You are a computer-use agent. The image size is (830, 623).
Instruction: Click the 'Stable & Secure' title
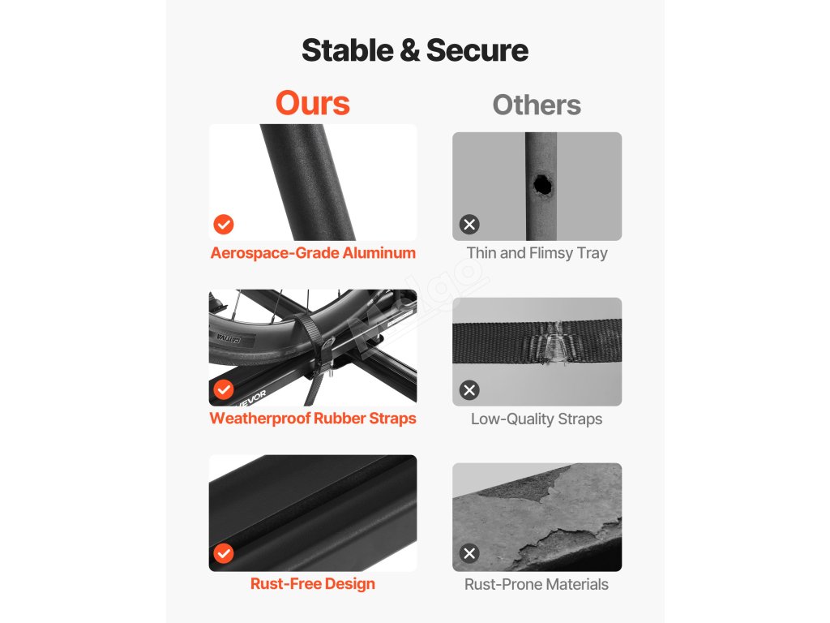[x=415, y=50]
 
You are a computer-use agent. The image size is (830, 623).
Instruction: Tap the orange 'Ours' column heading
[x=313, y=103]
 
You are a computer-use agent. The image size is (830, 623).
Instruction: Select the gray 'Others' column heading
[x=537, y=105]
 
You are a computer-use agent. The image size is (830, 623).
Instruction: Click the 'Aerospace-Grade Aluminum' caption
[x=313, y=253]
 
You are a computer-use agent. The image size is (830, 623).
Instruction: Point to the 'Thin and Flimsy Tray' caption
[x=537, y=253]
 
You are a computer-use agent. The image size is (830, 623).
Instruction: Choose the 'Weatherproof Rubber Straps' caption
[x=313, y=419]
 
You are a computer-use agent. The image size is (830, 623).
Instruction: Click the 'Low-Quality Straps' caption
[x=537, y=419]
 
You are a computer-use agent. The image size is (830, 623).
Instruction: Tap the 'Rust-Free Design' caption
[x=313, y=584]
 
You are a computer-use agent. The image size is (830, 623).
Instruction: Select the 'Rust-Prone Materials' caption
[x=537, y=584]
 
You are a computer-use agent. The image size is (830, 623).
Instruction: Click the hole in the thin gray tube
[x=542, y=186]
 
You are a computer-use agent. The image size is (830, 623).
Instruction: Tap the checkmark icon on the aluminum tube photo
[x=224, y=224]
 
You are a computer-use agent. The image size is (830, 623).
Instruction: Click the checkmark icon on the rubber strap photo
[x=224, y=389]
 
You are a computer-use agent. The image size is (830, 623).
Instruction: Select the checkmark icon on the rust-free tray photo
[x=224, y=553]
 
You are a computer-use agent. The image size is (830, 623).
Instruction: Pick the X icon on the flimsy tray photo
[x=469, y=224]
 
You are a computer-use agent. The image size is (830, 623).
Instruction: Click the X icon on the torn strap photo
[x=469, y=390]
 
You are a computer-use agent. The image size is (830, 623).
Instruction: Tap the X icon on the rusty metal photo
[x=469, y=553]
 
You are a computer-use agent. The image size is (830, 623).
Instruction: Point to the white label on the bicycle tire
[x=229, y=338]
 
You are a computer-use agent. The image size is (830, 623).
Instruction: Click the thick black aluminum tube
[x=307, y=183]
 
